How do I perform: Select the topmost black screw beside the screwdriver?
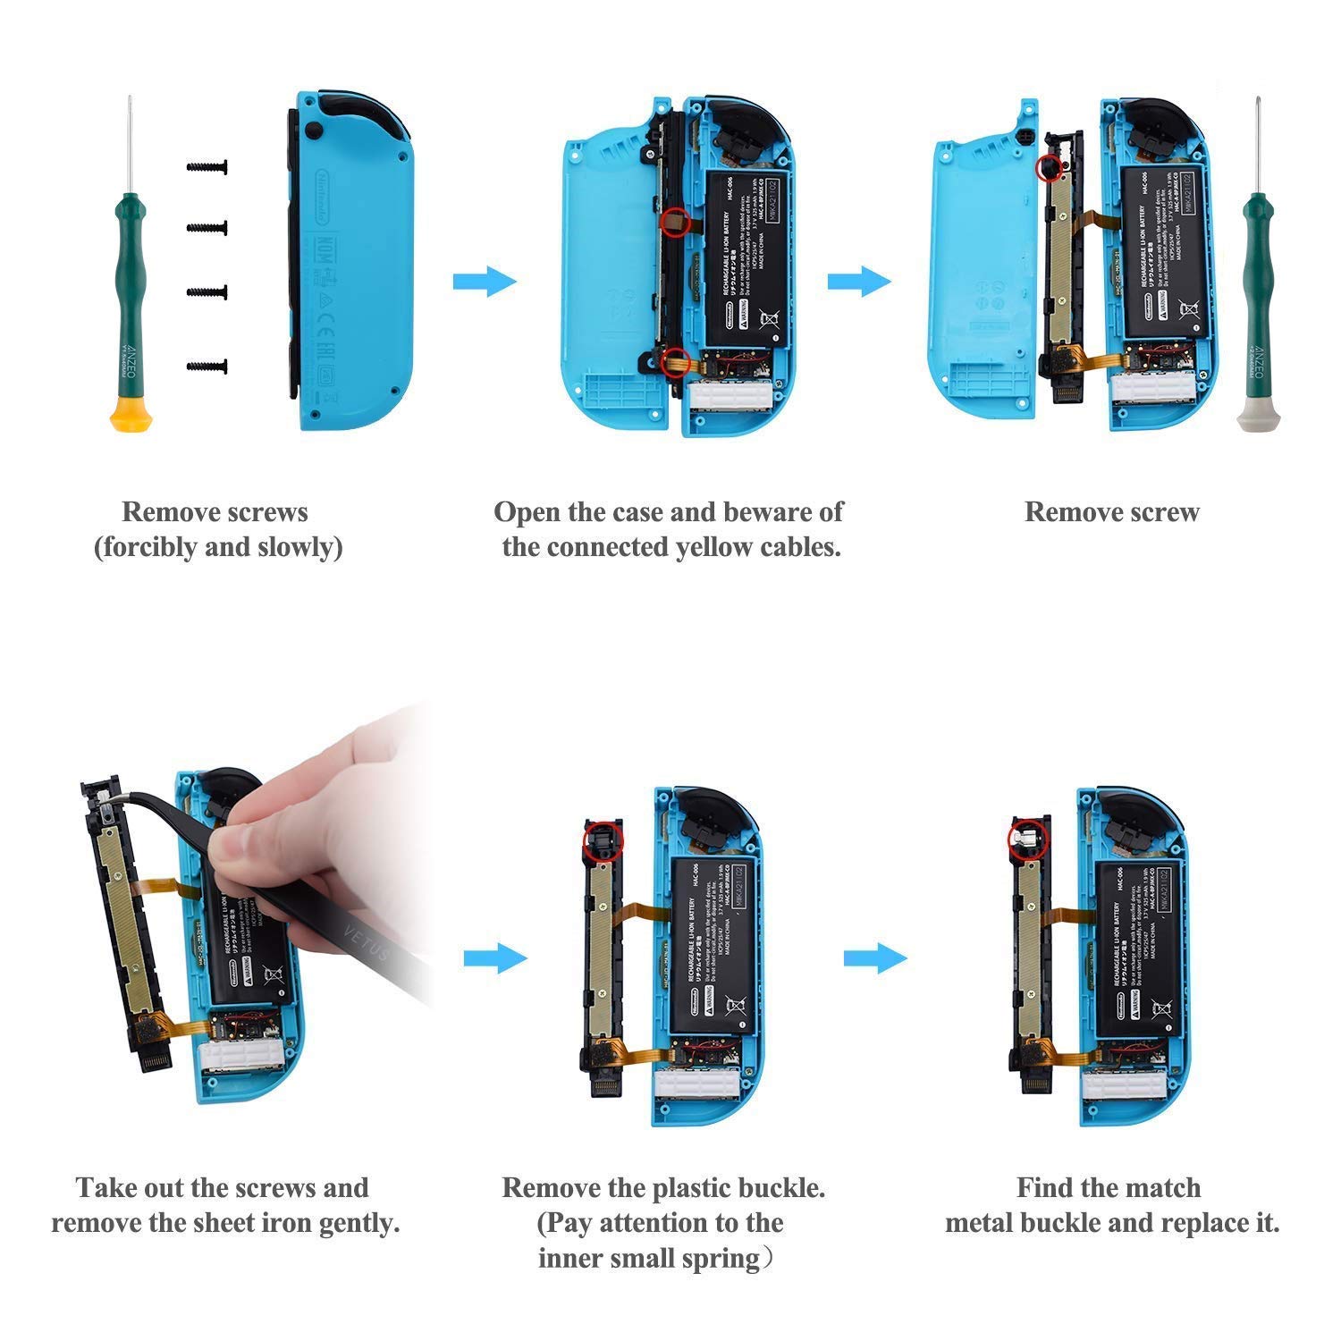pos(207,167)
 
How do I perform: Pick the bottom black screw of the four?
pos(207,366)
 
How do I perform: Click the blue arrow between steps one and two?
pos(485,282)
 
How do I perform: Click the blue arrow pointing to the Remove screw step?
pos(859,282)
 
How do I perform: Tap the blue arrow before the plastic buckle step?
pos(495,958)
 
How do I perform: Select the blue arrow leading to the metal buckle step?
pos(875,958)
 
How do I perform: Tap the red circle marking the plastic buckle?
pos(600,840)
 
